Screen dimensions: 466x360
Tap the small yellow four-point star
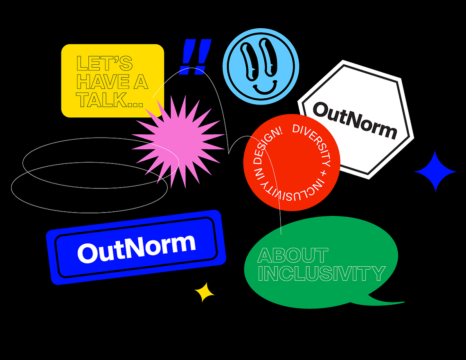pyautogui.click(x=204, y=292)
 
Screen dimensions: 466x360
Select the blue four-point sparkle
pyautogui.click(x=435, y=172)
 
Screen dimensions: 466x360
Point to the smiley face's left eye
pyautogui.click(x=249, y=61)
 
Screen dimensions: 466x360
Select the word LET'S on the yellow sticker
pyautogui.click(x=104, y=63)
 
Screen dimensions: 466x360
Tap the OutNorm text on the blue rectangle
pyautogui.click(x=136, y=249)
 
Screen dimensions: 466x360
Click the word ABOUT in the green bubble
pyautogui.click(x=293, y=255)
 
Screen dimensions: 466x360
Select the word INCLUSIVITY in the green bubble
pyautogui.click(x=322, y=274)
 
